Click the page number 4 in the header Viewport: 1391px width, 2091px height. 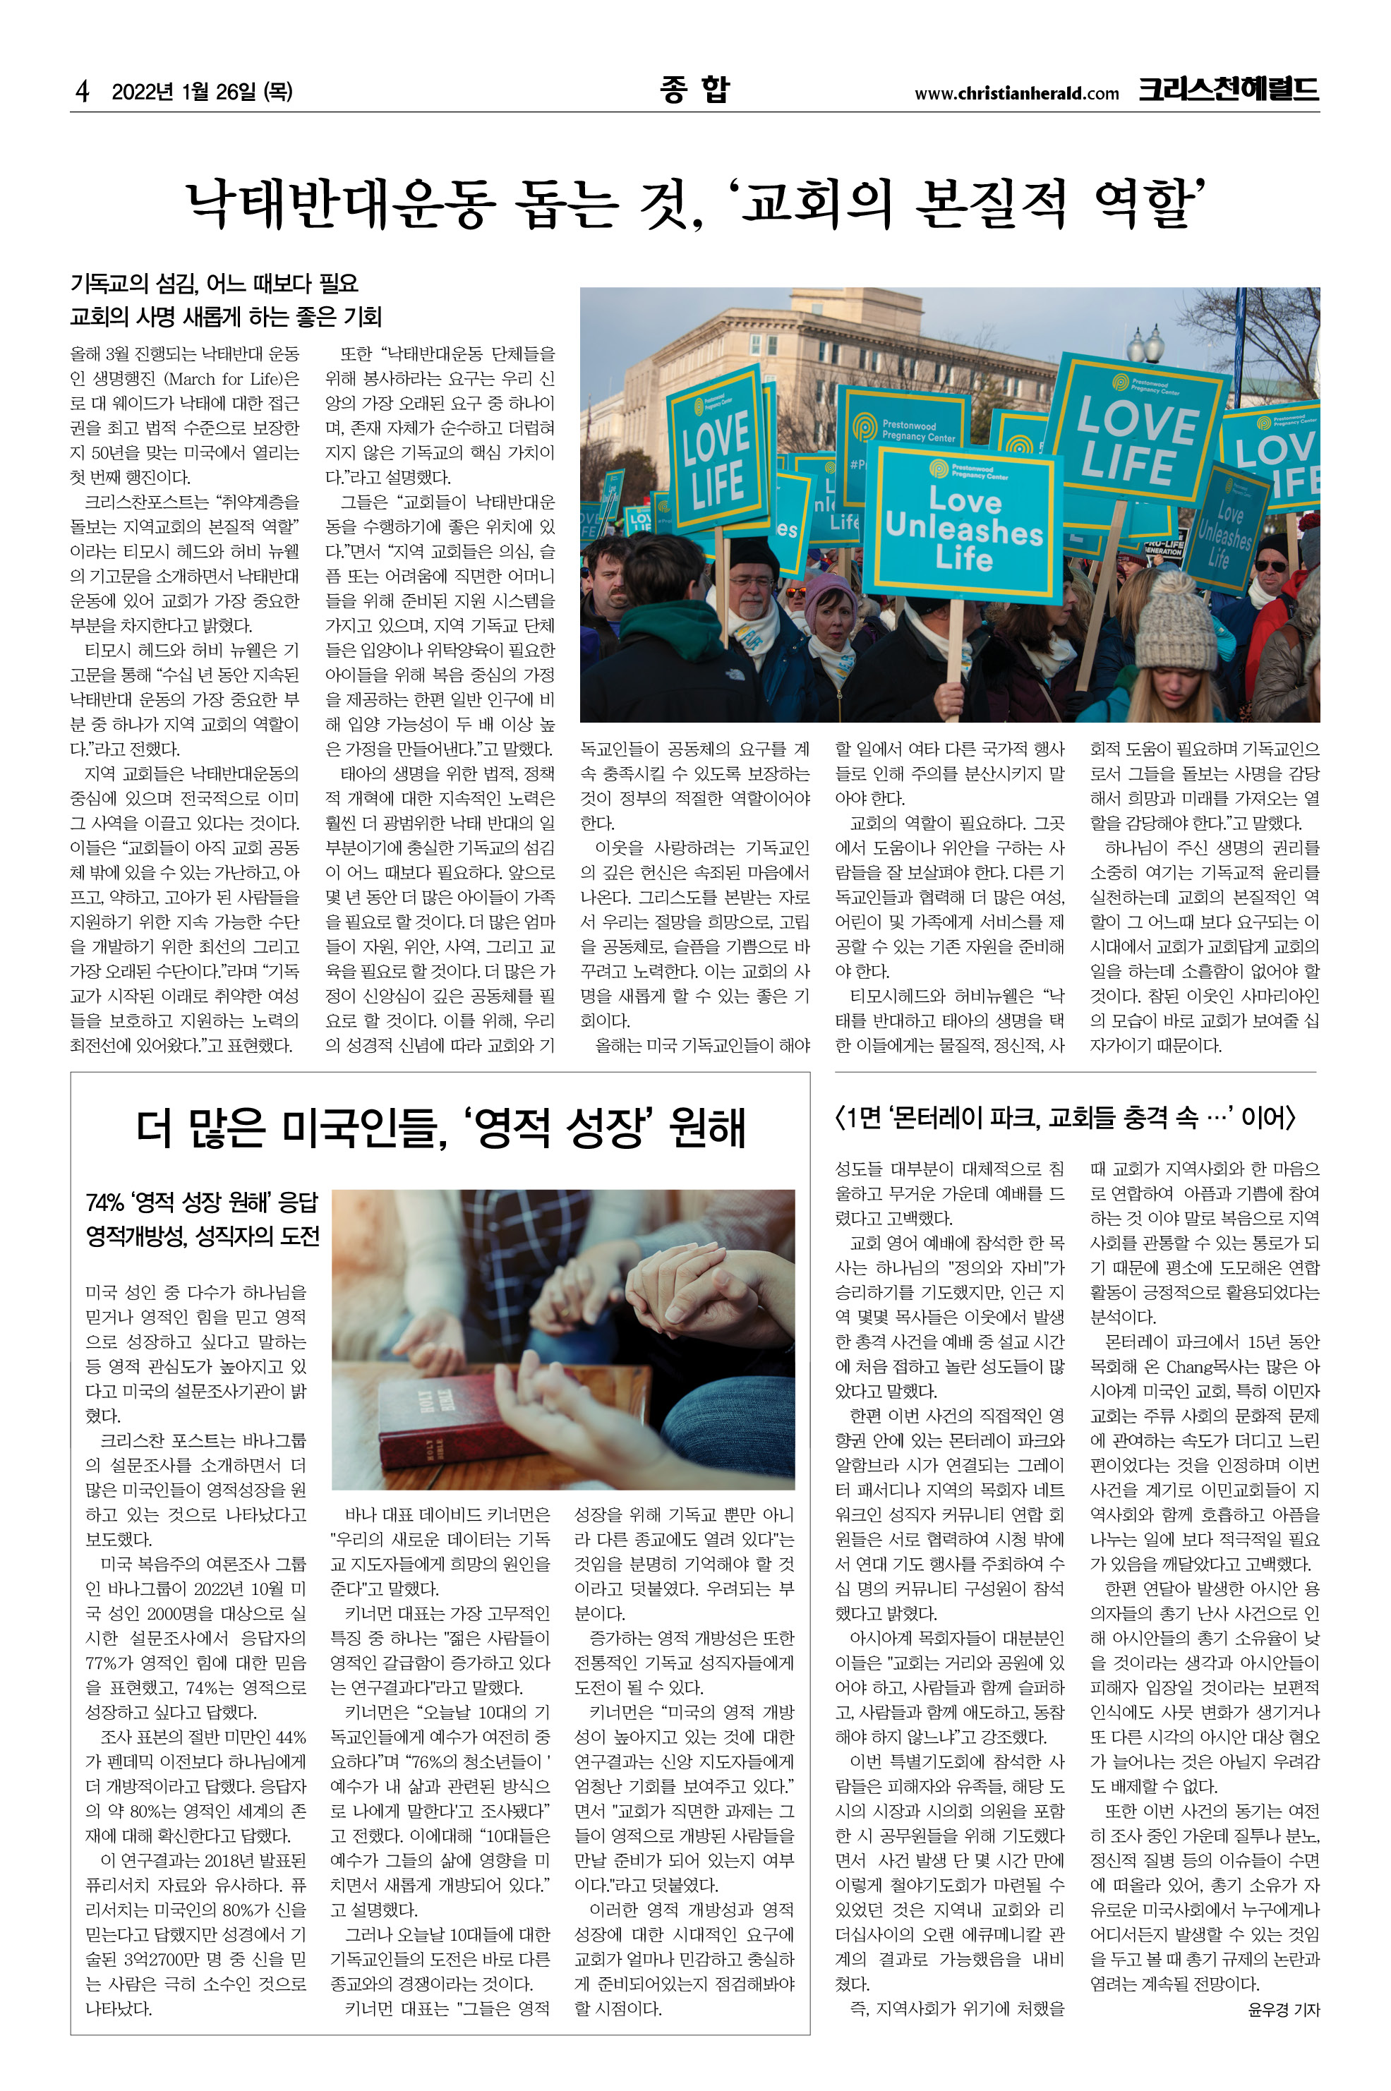pos(83,91)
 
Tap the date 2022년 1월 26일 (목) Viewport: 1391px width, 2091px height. pos(203,91)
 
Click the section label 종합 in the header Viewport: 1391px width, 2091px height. pos(694,90)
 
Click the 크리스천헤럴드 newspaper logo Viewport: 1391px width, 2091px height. pos(1228,90)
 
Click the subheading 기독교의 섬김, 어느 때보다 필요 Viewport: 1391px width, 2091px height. pos(214,284)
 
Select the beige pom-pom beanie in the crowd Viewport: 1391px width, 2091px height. pos(1176,621)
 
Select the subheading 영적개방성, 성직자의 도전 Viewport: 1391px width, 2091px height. pos(203,1236)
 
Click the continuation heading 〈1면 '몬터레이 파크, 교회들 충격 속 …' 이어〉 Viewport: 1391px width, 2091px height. pos(1064,1118)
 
